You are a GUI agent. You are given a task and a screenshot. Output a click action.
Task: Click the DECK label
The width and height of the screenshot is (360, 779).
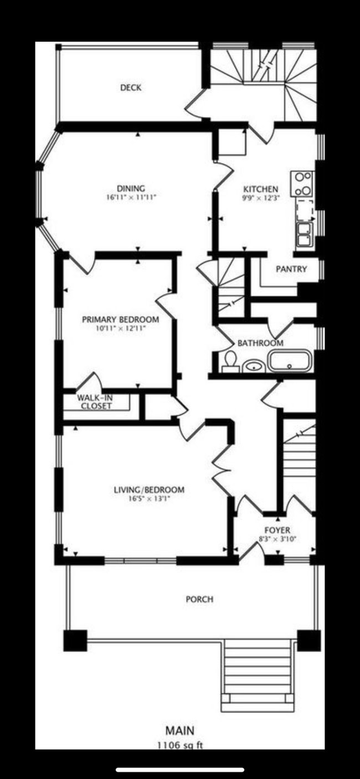click(x=131, y=87)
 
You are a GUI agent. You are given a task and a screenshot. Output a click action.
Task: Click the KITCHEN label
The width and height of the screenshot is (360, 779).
click(x=260, y=189)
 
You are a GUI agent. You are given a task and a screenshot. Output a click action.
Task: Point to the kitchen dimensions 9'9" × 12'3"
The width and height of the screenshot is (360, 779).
click(x=260, y=197)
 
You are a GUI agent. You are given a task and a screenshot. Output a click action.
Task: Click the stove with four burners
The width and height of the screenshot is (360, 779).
click(x=303, y=184)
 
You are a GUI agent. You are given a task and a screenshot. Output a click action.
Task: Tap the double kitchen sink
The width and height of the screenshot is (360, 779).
click(x=304, y=234)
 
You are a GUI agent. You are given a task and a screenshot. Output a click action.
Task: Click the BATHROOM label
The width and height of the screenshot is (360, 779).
click(x=260, y=343)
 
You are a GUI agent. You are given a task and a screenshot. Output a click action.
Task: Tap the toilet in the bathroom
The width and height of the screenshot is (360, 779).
click(x=229, y=363)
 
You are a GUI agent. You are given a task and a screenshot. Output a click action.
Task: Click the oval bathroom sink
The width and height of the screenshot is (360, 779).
click(x=254, y=365)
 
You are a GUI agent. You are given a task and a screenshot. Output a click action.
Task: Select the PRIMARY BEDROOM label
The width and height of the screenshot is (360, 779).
click(x=120, y=319)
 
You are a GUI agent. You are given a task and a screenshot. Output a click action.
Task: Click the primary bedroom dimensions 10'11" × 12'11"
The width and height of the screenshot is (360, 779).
click(x=120, y=328)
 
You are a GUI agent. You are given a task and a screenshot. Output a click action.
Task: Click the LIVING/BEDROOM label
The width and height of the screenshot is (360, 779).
click(x=149, y=490)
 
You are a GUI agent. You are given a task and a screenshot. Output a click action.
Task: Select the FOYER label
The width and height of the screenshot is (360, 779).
click(x=277, y=530)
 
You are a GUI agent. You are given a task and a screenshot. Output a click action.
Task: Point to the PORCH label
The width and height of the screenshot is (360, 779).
click(x=199, y=599)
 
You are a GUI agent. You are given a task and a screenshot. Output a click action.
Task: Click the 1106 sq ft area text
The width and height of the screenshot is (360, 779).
click(x=180, y=745)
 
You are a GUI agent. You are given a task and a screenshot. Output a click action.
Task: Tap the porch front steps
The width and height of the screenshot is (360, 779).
click(x=257, y=673)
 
